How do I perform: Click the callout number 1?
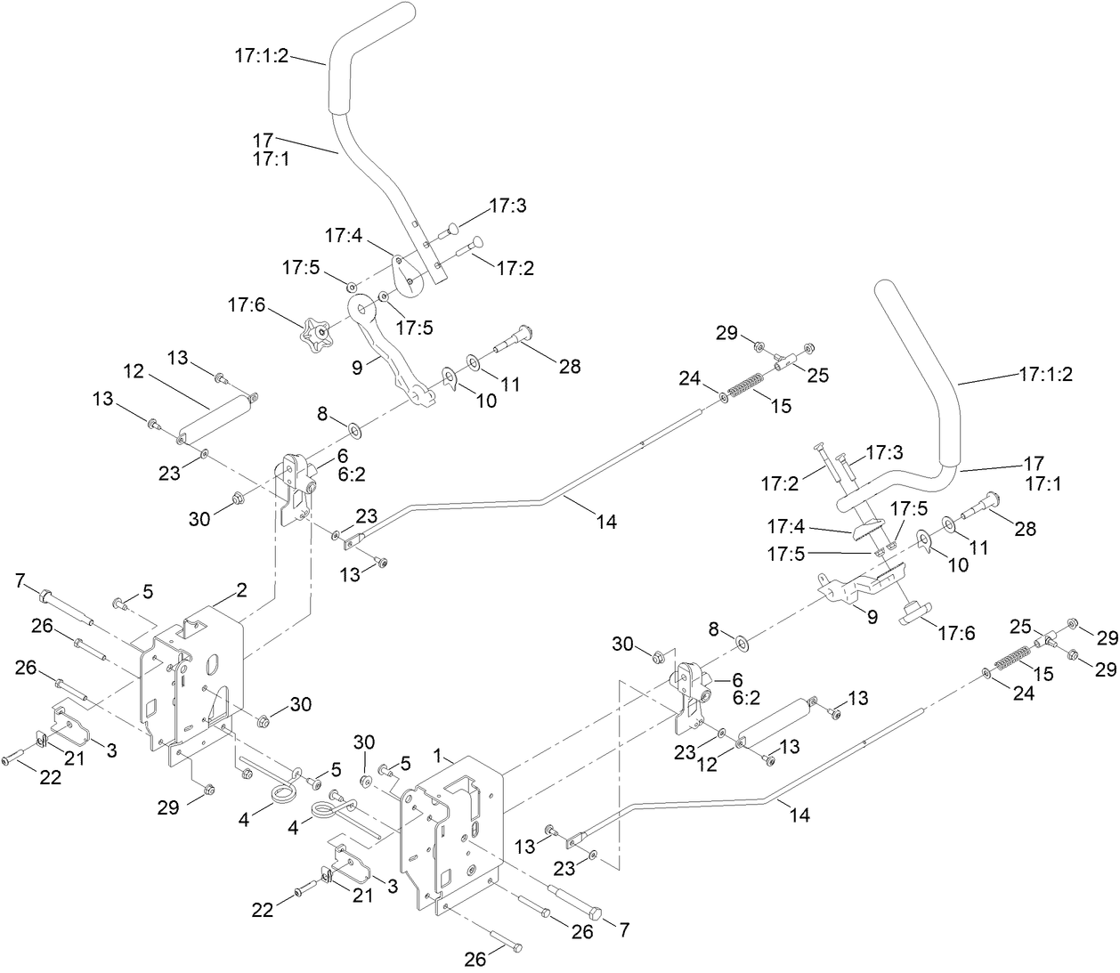437,755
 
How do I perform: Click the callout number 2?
240,588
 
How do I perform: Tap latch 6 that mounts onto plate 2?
296,490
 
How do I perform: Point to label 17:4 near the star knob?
343,236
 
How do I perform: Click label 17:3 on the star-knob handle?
507,207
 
